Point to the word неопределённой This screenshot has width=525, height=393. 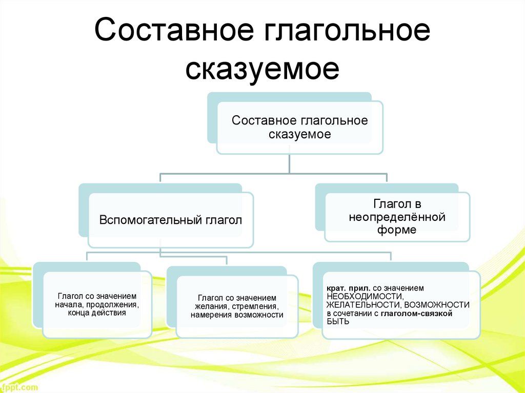397,217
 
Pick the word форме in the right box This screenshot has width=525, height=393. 397,230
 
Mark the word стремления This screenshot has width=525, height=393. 252,306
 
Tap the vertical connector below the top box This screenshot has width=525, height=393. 290,163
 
